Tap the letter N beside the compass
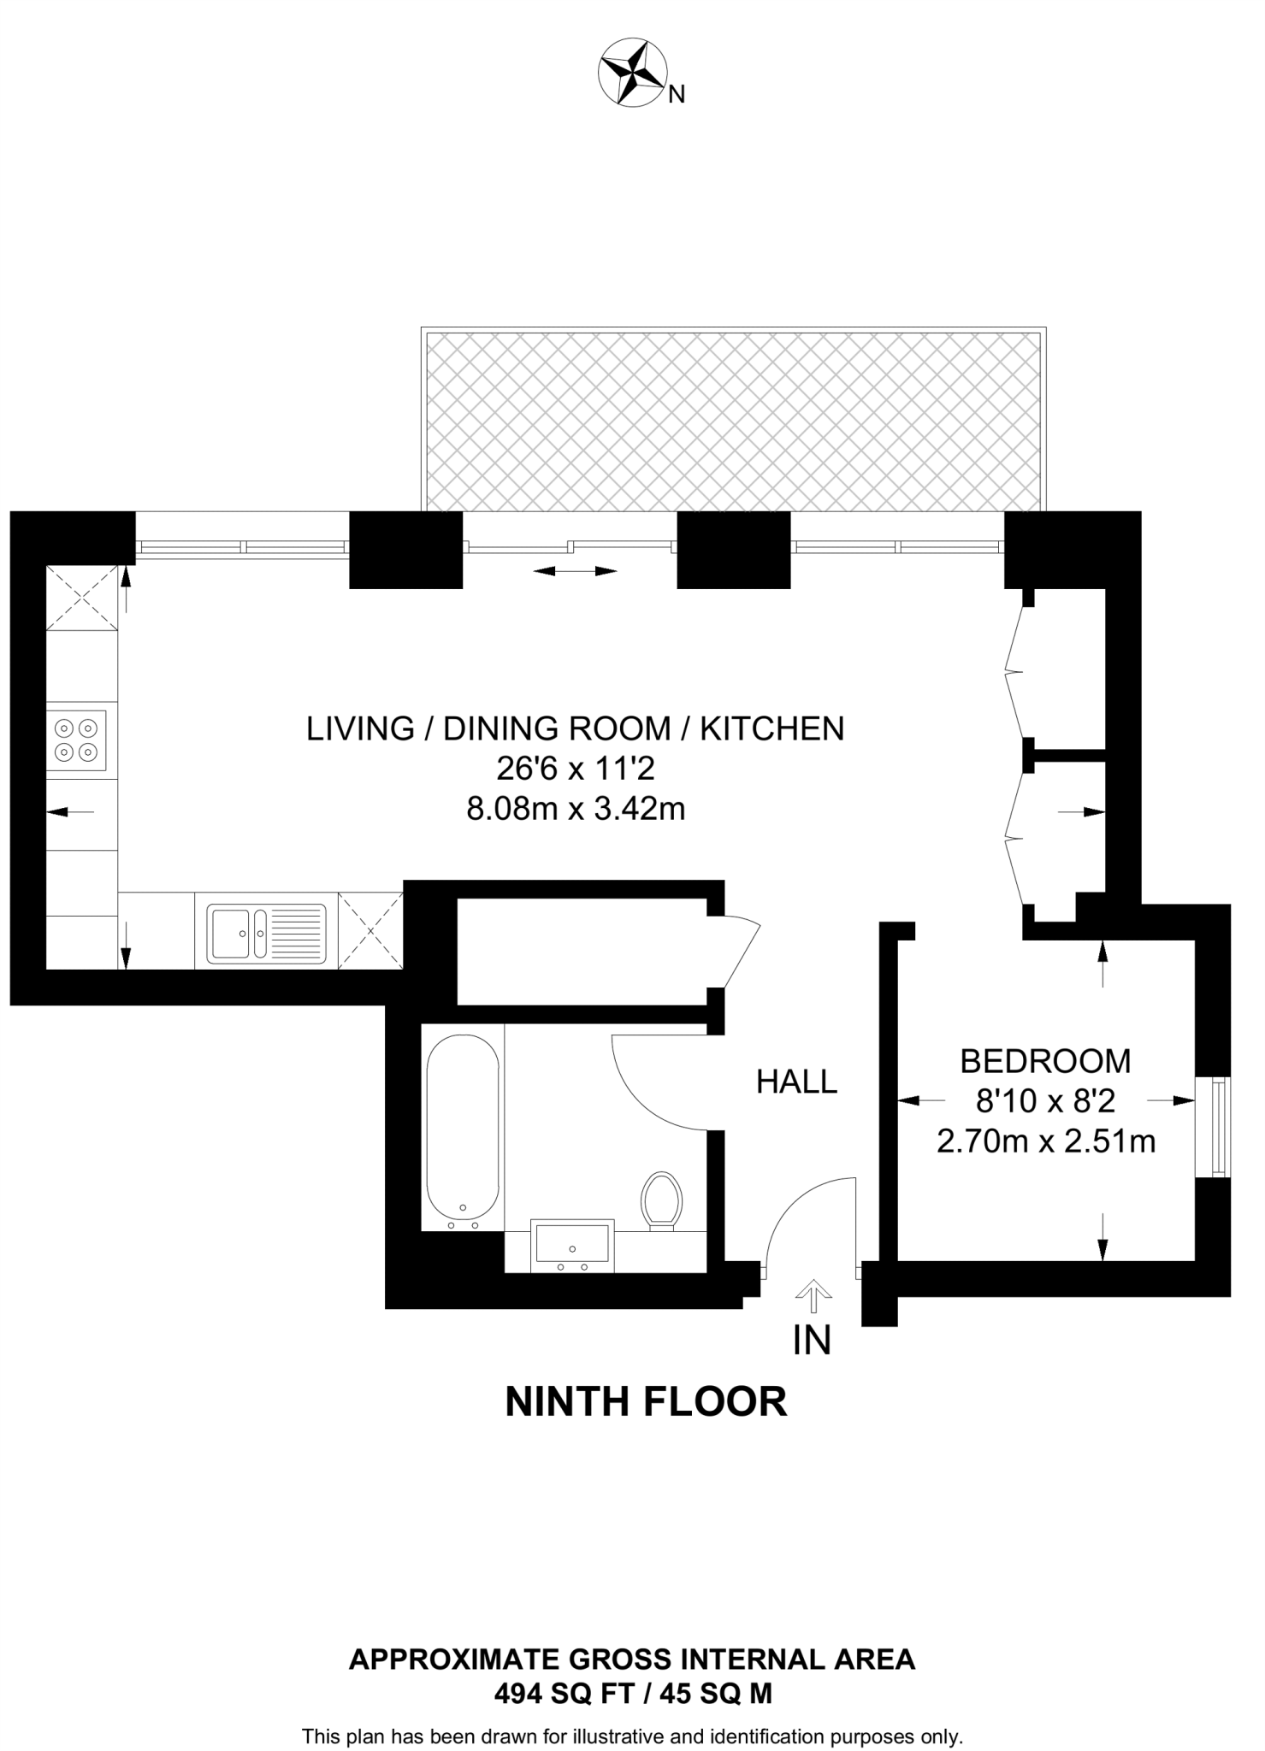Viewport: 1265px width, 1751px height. tap(677, 94)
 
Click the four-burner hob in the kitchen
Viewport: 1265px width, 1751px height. tap(76, 740)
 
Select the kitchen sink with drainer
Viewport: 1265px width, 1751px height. tap(268, 934)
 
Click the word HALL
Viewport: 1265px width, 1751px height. tap(796, 1082)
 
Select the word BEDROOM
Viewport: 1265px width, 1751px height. tap(1045, 1061)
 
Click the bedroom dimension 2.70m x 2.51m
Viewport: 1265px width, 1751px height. tap(1046, 1141)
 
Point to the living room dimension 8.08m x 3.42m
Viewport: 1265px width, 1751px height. tap(576, 808)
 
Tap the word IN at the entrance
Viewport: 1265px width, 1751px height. tap(812, 1341)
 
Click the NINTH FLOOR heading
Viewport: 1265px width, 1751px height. tap(646, 1402)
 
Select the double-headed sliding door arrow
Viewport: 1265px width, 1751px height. tap(575, 571)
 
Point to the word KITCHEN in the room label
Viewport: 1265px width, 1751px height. tap(772, 728)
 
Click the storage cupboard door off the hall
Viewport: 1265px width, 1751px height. tap(736, 955)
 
